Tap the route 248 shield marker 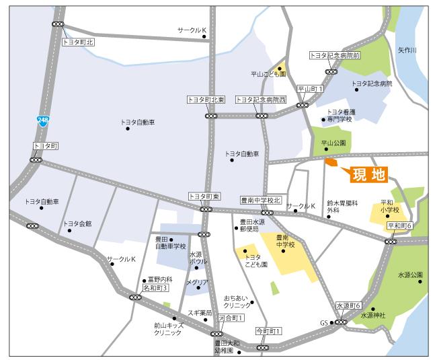click(42, 120)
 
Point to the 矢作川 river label click(407, 50)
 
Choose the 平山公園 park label click(333, 143)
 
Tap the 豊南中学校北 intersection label click(260, 200)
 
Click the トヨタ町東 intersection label click(204, 196)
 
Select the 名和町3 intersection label click(155, 287)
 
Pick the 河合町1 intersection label click(231, 317)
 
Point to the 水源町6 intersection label click(349, 305)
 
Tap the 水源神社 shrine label click(374, 314)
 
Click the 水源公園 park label click(410, 275)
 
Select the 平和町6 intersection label click(399, 225)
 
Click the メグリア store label click(197, 283)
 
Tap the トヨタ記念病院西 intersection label click(261, 100)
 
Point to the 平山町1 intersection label click(311, 89)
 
